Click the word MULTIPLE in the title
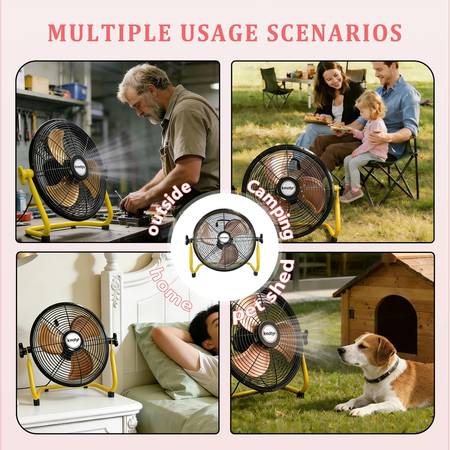click(x=109, y=33)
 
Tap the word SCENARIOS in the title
click(x=334, y=33)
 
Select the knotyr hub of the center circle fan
click(x=224, y=237)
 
